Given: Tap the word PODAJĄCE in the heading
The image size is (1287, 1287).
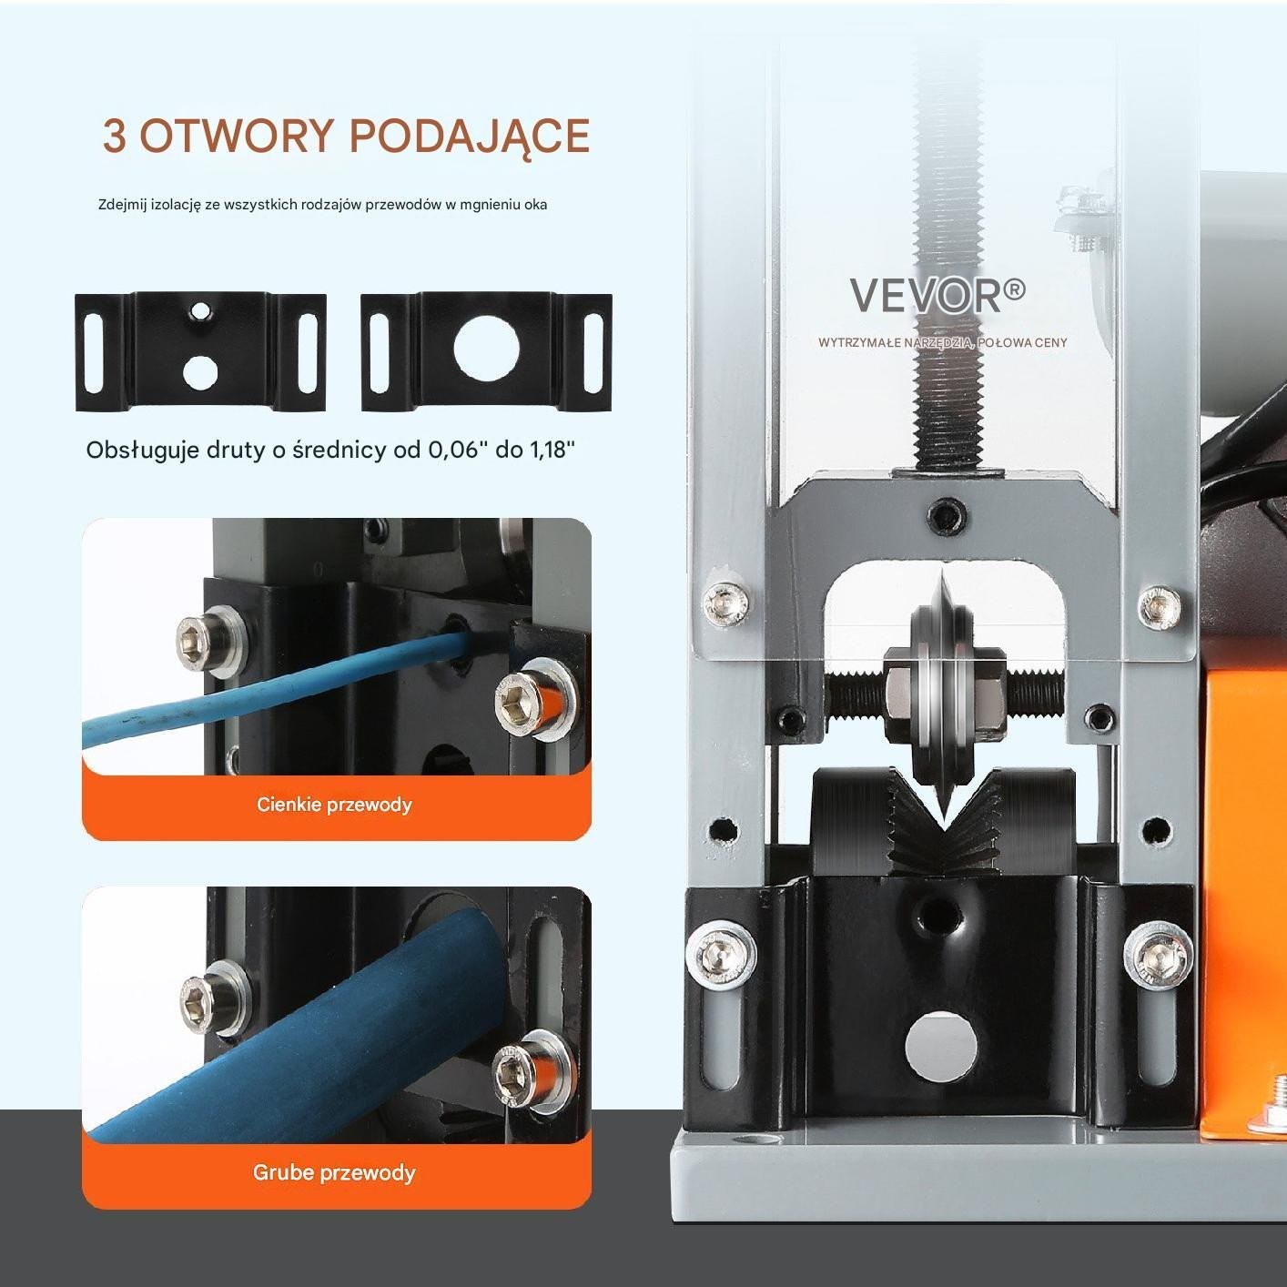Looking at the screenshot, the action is [x=470, y=137].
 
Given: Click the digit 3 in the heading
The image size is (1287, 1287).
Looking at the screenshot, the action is [x=114, y=137].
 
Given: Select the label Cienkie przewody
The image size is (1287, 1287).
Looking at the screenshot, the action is [x=334, y=804].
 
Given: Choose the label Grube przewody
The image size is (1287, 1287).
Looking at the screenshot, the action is [x=334, y=1172].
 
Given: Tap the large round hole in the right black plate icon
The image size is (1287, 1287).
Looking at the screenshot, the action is [x=486, y=350].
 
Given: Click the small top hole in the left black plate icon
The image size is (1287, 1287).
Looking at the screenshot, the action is [x=199, y=309].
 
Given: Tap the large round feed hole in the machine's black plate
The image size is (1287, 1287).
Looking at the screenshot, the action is [x=941, y=1048].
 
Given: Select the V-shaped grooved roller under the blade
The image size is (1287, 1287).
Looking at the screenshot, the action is [x=942, y=822].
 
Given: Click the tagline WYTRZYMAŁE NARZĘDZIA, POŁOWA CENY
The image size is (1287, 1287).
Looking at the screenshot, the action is [x=942, y=342].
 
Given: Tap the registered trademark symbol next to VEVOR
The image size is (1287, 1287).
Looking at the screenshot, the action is [x=1014, y=289].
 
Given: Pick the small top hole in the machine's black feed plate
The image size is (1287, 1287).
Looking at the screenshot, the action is [x=937, y=917].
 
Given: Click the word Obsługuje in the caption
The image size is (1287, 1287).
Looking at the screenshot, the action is [x=142, y=451].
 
